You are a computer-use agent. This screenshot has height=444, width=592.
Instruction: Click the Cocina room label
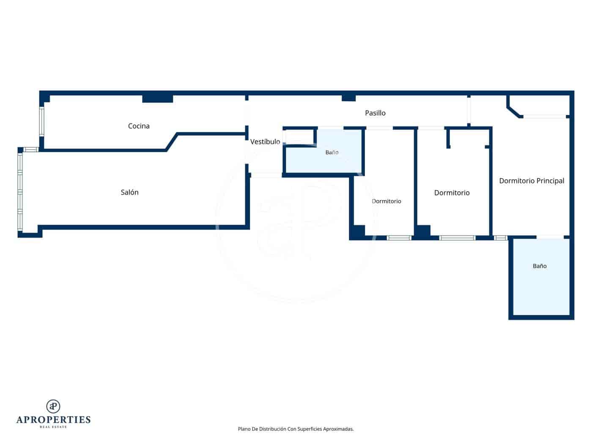tap(139, 126)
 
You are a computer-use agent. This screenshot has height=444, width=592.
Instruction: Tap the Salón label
tap(129, 192)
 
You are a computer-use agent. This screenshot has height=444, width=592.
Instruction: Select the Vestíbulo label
tap(265, 142)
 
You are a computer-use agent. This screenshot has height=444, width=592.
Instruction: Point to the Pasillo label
tap(375, 113)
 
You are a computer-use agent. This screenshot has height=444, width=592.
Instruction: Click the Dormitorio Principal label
tap(531, 181)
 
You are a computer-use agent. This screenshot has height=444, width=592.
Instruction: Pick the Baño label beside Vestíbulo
tap(332, 152)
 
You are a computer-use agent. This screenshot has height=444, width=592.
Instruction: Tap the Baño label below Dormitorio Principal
tap(540, 266)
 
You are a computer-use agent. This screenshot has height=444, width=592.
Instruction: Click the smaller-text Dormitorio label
tap(386, 201)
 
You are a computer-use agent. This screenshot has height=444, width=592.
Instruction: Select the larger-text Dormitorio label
tap(452, 193)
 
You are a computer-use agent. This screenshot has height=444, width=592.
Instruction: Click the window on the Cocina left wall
tap(41, 122)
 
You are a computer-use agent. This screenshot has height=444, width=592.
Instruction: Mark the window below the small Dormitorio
tap(399, 238)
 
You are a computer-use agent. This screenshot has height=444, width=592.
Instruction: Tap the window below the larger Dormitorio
tap(457, 238)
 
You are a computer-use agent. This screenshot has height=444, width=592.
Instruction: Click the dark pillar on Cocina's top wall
tap(157, 99)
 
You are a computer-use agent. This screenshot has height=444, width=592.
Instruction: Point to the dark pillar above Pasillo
tap(348, 98)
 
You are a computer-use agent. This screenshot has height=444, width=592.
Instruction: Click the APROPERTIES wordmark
tap(53, 419)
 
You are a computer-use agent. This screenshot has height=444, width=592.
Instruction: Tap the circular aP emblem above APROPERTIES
tap(53, 406)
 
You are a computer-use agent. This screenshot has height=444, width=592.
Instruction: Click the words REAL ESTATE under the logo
tap(53, 427)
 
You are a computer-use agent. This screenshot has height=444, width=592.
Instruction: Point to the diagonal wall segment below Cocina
tap(172, 142)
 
